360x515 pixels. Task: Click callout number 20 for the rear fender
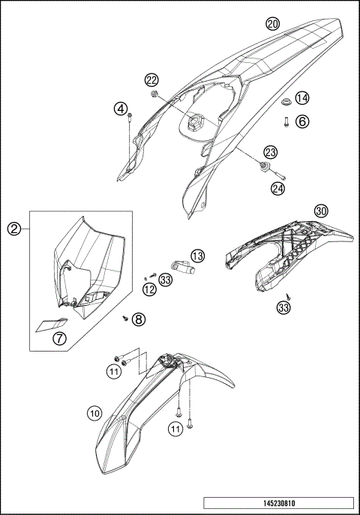point(273,24)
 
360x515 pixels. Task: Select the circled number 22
point(151,79)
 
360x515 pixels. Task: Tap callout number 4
point(121,109)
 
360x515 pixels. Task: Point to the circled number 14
point(301,98)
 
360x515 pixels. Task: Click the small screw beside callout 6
point(286,122)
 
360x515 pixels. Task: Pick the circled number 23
point(271,152)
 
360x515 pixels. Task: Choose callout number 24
point(278,188)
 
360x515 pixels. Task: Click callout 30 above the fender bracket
point(321,211)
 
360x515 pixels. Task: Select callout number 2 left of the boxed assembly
point(14,229)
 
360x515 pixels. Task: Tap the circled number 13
point(197,256)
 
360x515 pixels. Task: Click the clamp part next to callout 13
point(184,266)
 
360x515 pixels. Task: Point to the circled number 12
point(149,289)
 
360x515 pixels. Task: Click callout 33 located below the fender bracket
point(283,308)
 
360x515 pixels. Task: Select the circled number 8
point(138,319)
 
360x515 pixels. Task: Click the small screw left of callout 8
point(125,318)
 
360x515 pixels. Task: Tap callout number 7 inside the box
point(59,338)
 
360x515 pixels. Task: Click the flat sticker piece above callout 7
point(52,325)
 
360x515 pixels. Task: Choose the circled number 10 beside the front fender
point(94,413)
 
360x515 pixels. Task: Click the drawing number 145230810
point(279,503)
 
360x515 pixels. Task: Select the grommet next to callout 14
point(286,102)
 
